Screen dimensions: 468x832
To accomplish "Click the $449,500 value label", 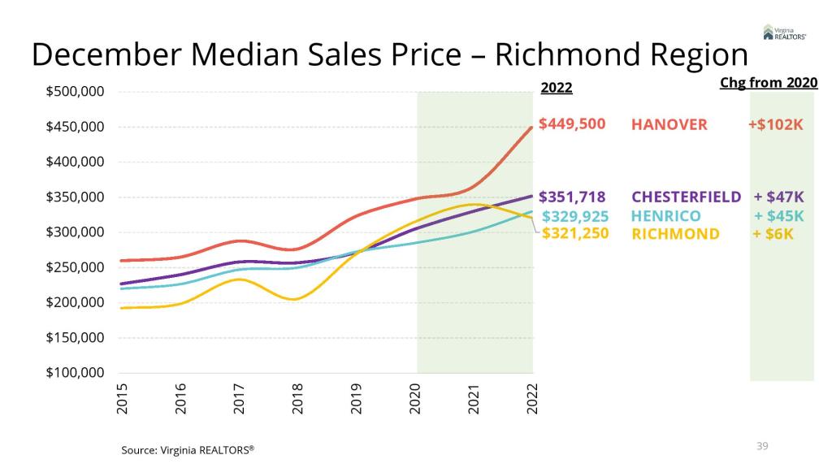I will pyautogui.click(x=572, y=125).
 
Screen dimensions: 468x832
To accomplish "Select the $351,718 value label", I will pyautogui.click(x=572, y=197).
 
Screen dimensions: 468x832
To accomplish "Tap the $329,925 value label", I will pyautogui.click(x=574, y=216).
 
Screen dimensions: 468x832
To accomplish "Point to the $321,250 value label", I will pyautogui.click(x=575, y=234).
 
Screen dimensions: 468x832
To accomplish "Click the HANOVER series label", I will pyautogui.click(x=669, y=125).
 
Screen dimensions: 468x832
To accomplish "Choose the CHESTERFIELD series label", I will pyautogui.click(x=687, y=197).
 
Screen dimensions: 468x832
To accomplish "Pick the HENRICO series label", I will pyautogui.click(x=667, y=216).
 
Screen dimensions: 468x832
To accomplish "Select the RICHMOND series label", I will pyautogui.click(x=675, y=234).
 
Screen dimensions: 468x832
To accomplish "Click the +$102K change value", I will pyautogui.click(x=776, y=125).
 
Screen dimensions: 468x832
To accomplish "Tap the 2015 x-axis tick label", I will pyautogui.click(x=123, y=399).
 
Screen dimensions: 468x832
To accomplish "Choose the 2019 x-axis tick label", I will pyautogui.click(x=357, y=399).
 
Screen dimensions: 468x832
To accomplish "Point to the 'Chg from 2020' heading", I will pyautogui.click(x=769, y=83).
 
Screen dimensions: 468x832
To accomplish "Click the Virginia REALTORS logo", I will pyautogui.click(x=784, y=32).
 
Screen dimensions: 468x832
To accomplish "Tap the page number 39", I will pyautogui.click(x=762, y=445).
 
